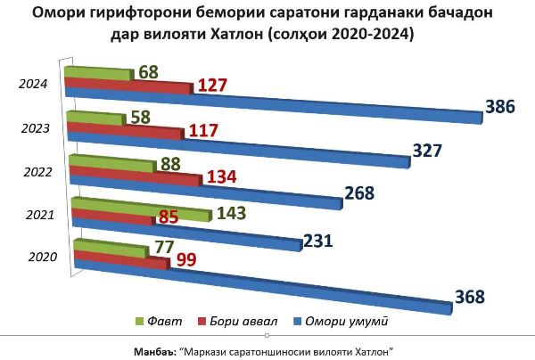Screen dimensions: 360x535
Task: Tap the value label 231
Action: [x=317, y=240]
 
